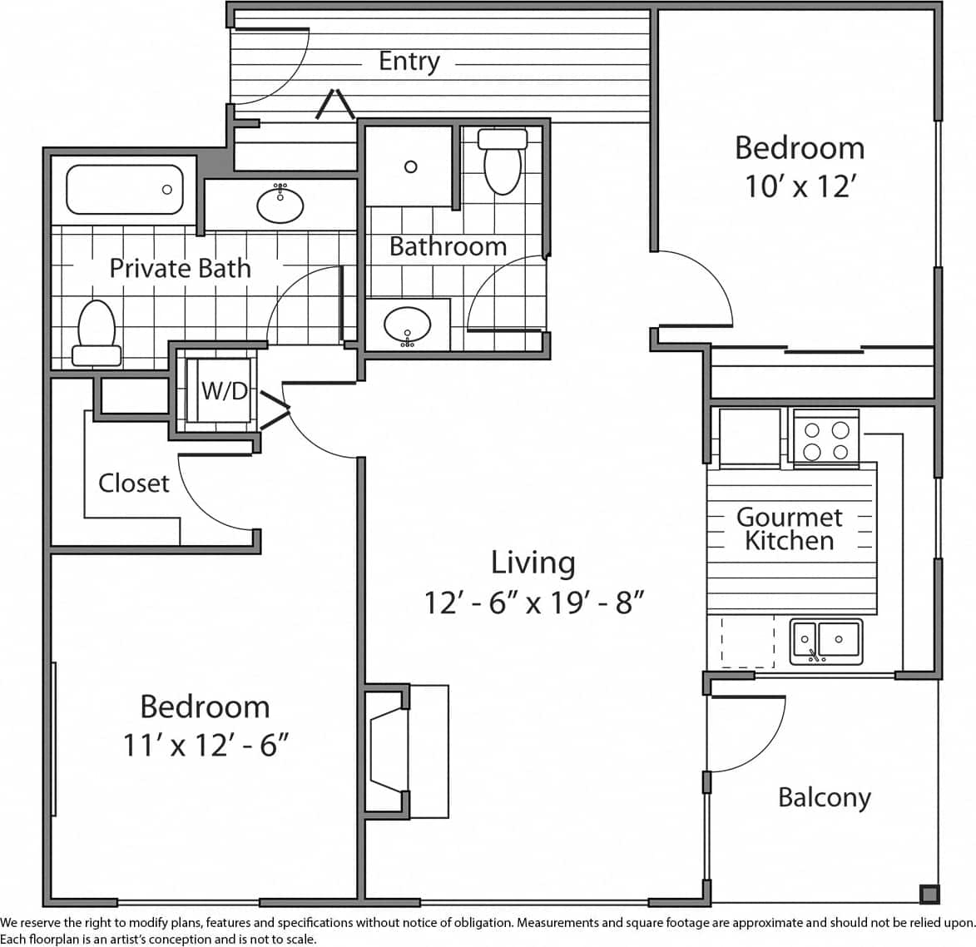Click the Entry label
click(409, 62)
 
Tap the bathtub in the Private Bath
click(124, 190)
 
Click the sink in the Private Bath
click(280, 204)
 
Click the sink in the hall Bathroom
click(407, 325)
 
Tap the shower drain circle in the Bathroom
click(410, 167)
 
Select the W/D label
click(225, 390)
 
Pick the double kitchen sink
click(825, 642)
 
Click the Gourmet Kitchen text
click(789, 529)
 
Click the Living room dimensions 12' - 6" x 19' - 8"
click(534, 602)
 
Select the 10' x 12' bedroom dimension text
click(800, 186)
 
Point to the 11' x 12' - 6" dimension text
click(206, 746)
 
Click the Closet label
click(133, 483)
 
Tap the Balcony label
click(824, 797)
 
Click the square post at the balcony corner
click(929, 894)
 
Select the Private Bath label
click(180, 268)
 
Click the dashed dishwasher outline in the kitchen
click(747, 642)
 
